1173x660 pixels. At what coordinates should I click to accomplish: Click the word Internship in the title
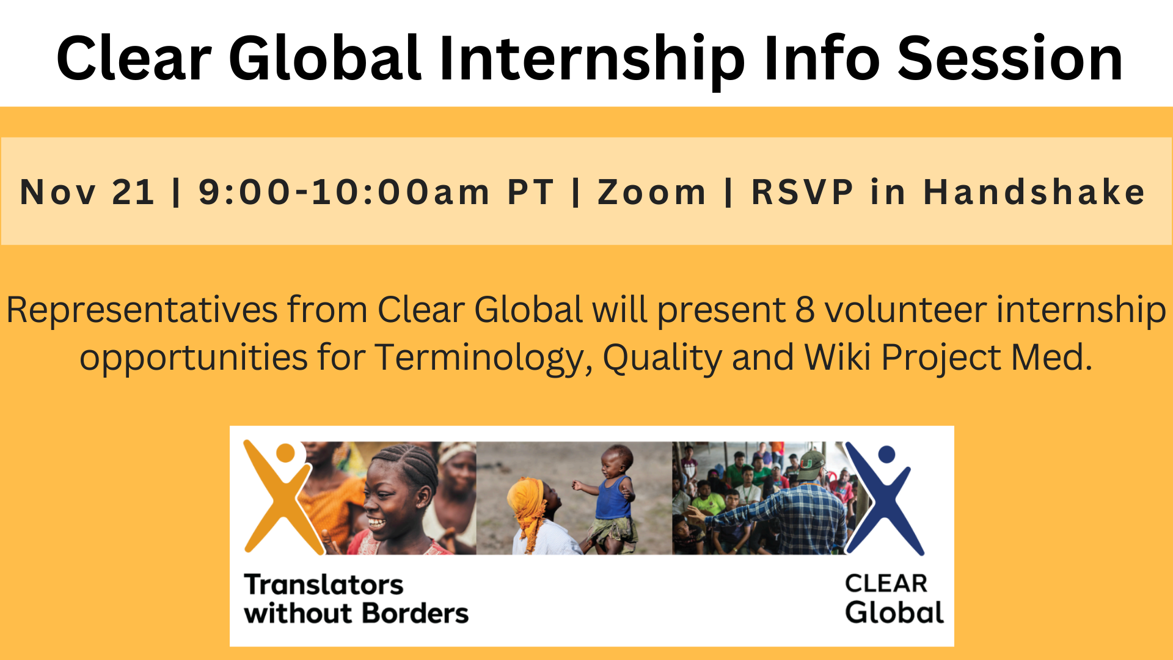[591, 59]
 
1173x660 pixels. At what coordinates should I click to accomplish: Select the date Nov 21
[87, 192]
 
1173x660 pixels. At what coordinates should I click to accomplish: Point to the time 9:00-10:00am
[344, 192]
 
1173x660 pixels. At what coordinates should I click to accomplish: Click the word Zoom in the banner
[651, 192]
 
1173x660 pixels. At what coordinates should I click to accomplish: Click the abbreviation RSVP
[802, 192]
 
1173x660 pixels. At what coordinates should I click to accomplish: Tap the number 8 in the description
[805, 309]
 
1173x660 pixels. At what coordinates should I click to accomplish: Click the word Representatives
[142, 310]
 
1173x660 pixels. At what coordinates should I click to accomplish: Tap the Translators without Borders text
[356, 599]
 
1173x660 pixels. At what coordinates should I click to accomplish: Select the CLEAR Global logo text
[894, 599]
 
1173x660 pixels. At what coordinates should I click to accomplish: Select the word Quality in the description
[663, 358]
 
